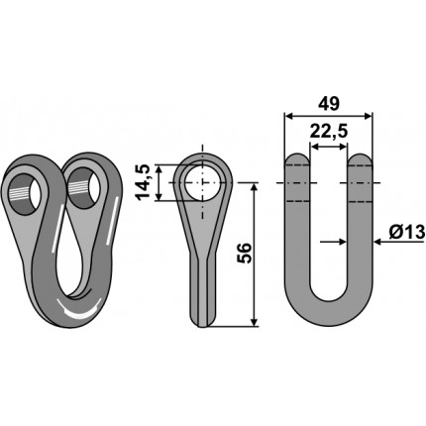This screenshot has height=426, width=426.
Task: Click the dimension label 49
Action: tap(328, 103)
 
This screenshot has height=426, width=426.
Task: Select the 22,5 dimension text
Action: tap(329, 132)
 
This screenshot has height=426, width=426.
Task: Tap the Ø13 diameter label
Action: tap(406, 233)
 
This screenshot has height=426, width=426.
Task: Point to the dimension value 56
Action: tap(245, 254)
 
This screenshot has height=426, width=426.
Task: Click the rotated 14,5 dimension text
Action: tap(144, 182)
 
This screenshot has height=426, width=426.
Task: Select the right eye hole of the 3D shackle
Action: tap(83, 188)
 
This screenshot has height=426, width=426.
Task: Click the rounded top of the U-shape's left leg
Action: tap(297, 159)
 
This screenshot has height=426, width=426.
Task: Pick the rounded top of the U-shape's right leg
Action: tap(360, 159)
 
